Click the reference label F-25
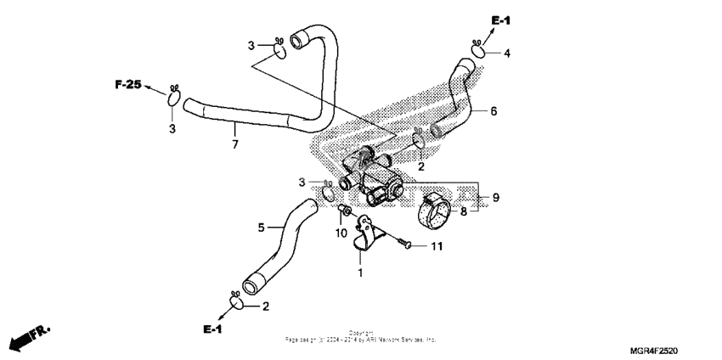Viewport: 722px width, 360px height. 128,84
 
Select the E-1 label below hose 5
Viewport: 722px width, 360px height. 212,329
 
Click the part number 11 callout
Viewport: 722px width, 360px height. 437,247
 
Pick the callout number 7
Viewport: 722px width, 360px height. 234,146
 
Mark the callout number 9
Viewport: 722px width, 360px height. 495,198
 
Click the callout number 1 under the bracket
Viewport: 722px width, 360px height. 359,273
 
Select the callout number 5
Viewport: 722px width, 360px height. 262,227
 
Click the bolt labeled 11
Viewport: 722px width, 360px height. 406,245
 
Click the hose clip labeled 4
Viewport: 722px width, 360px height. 477,49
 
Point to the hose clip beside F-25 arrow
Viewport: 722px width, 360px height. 173,96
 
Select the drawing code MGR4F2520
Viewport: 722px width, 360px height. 659,351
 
